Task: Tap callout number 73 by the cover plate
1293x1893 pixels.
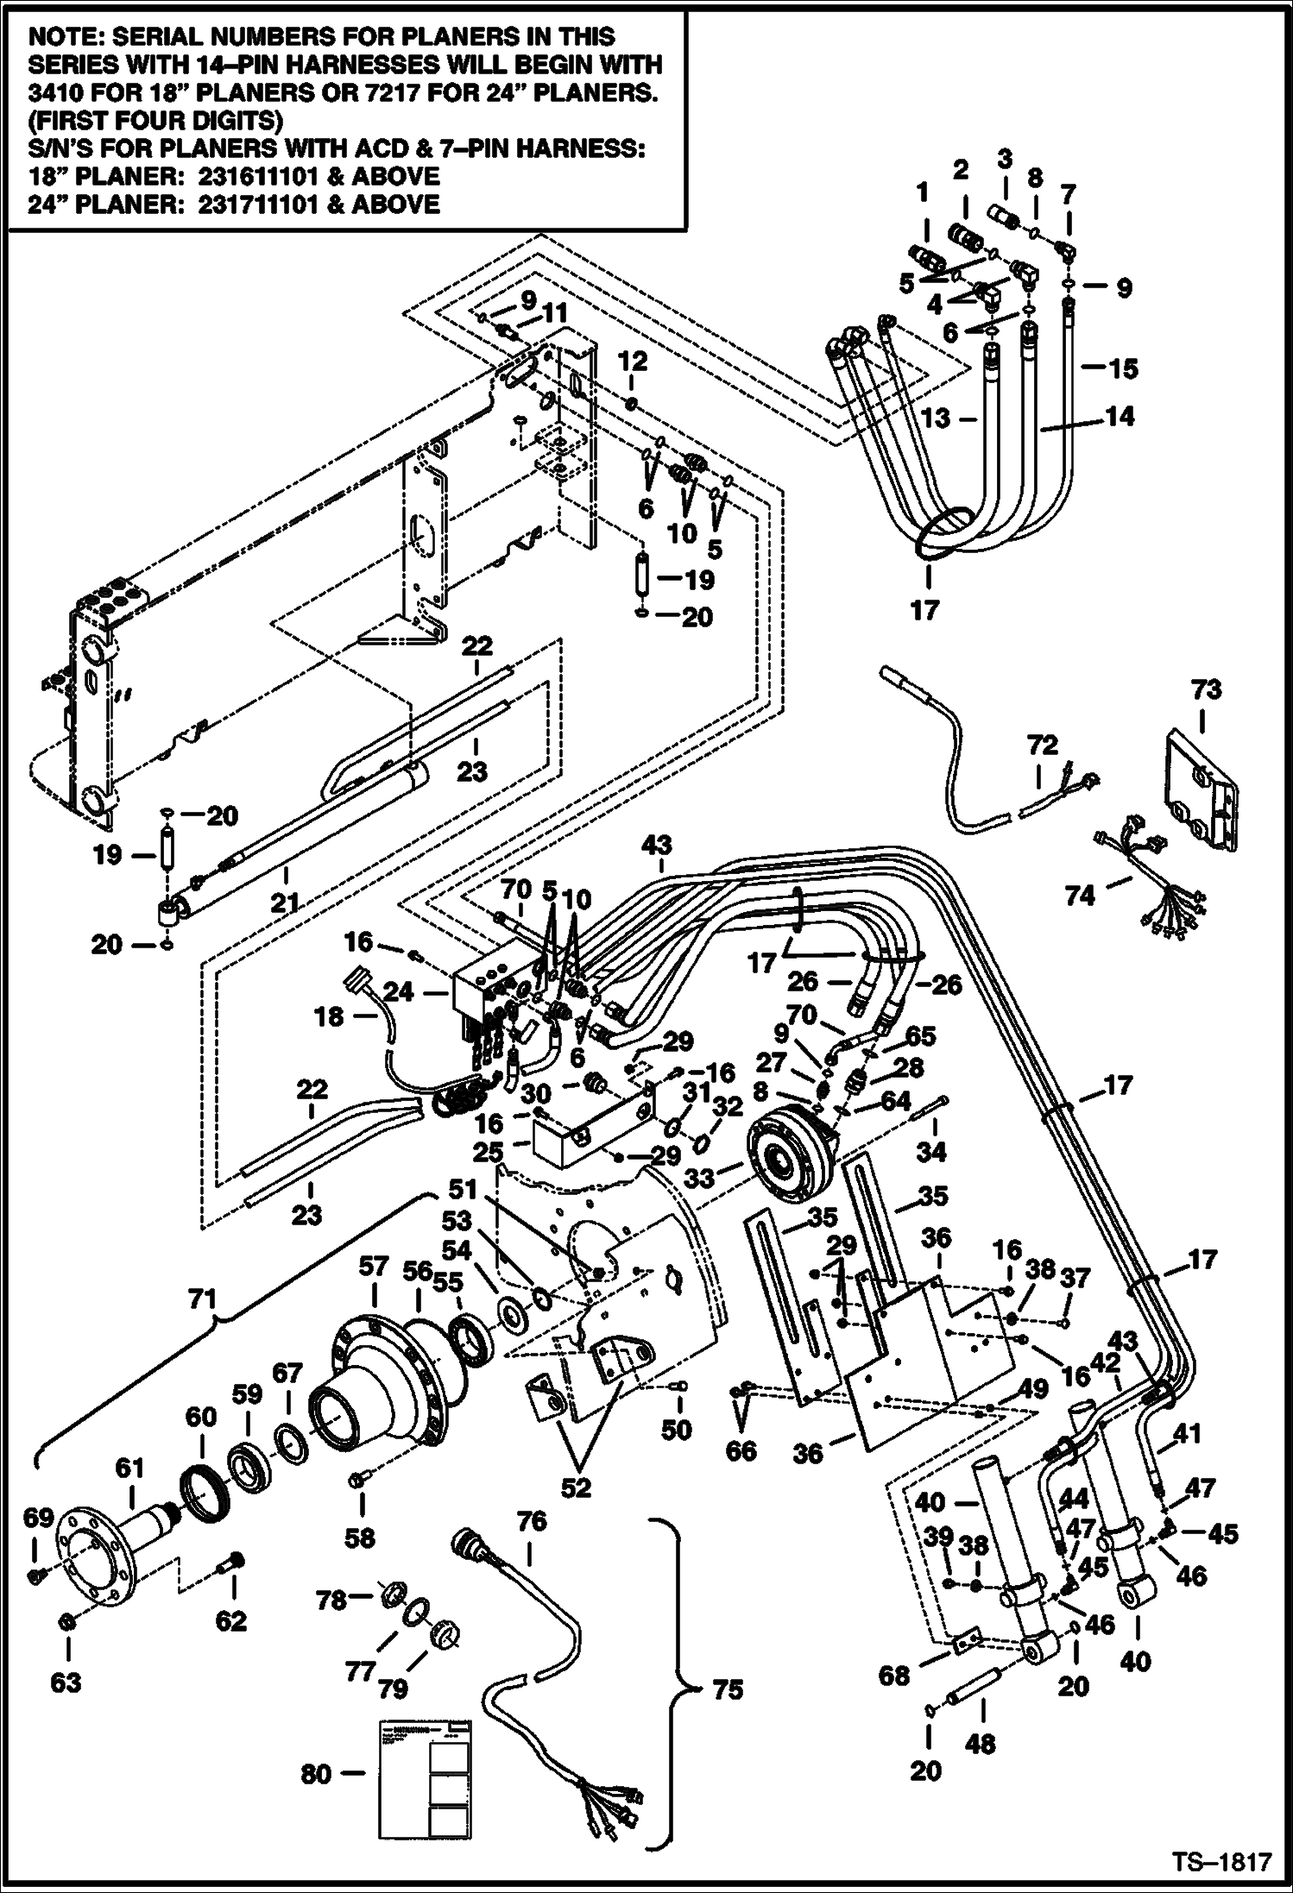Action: point(1207,689)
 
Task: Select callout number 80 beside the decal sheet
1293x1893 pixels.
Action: point(317,1775)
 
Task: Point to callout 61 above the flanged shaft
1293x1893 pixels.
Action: point(130,1468)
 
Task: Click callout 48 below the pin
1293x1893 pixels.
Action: point(981,1744)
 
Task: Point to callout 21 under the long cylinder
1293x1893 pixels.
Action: point(284,902)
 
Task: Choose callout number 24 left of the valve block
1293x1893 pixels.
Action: point(400,993)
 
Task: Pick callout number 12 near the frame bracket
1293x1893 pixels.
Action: point(632,361)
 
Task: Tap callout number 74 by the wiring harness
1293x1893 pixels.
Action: point(1079,896)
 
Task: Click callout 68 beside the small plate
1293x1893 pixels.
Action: point(894,1676)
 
